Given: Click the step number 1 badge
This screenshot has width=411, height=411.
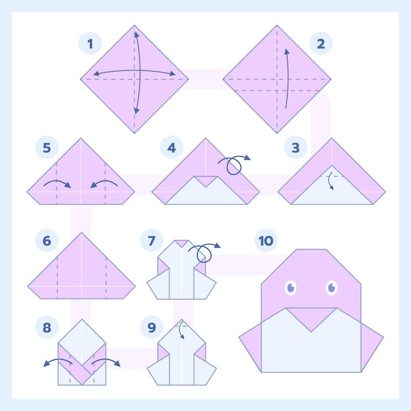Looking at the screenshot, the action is coord(90,43).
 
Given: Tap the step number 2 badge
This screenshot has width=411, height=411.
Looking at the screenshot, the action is coord(321,43).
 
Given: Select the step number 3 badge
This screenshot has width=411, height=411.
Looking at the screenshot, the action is coord(295,147).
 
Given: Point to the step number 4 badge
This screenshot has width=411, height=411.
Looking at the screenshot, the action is coord(171,147).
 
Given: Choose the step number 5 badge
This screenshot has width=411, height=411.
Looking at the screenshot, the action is coord(47,147).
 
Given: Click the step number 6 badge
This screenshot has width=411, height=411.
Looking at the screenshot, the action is coord(47,240).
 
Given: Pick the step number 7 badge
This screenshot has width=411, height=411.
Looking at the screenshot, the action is coord(152,240).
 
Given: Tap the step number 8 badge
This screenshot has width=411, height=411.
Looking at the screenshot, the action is coord(47,327).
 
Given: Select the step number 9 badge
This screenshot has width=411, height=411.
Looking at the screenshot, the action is coord(152,327).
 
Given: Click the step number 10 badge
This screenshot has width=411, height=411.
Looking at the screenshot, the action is coord(266,240).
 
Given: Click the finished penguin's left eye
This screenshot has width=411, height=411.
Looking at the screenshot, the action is coord(291,288).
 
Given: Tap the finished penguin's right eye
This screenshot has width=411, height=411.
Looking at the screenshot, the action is coord(332,288).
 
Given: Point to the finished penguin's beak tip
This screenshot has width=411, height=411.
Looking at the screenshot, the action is coord(311,332).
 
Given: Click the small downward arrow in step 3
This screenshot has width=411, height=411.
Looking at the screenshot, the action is coord(330,181).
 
